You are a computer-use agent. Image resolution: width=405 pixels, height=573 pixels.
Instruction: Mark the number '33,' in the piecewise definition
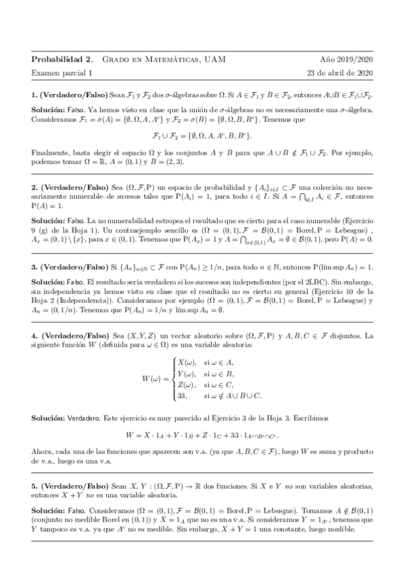tap(185, 395)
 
